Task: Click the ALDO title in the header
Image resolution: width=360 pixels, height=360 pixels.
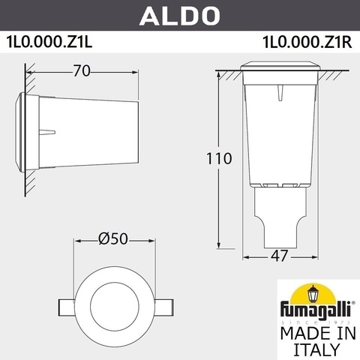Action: point(180,14)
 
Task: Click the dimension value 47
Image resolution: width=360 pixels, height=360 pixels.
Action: point(278,255)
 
